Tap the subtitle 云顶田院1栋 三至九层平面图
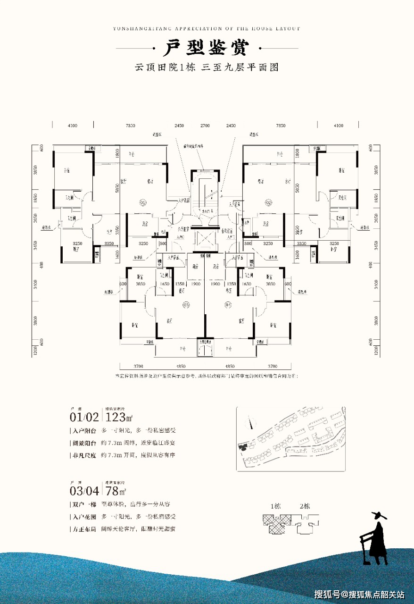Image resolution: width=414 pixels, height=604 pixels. click(207, 67)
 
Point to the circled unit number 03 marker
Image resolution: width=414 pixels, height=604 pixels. click(186, 305)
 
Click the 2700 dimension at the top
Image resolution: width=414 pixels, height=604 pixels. click(205, 126)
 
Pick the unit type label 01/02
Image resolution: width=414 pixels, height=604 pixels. click(84, 417)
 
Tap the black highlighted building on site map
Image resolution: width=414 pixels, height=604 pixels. click(243, 447)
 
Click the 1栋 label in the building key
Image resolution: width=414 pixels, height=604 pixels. click(275, 507)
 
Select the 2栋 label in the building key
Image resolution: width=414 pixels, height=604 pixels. click(305, 507)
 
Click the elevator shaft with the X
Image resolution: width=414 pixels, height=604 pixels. click(205, 240)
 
